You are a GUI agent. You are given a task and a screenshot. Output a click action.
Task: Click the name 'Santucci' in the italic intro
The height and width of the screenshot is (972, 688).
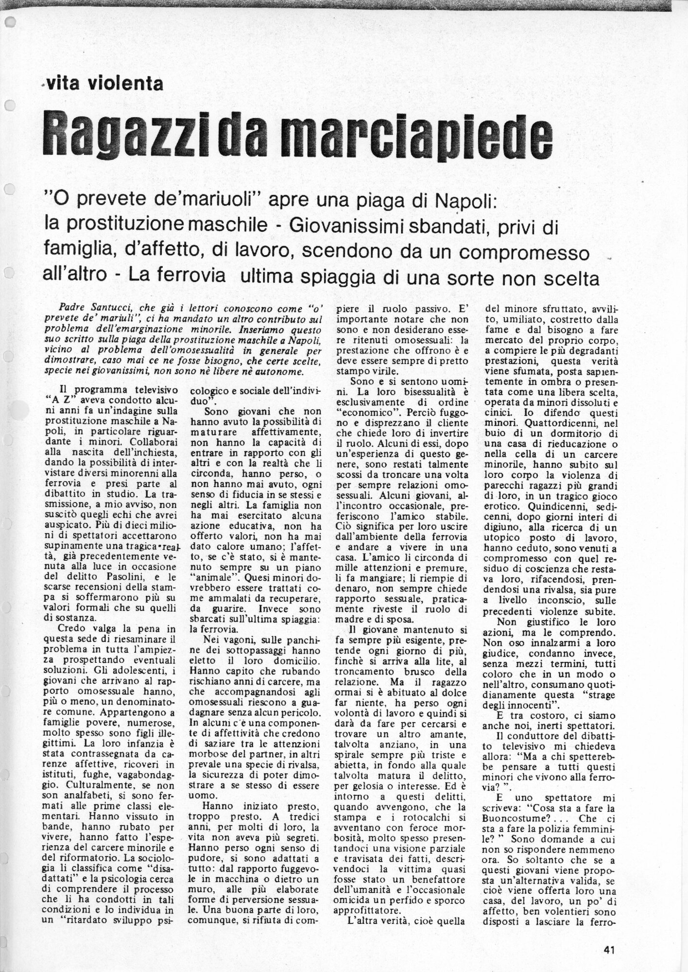(112, 308)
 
